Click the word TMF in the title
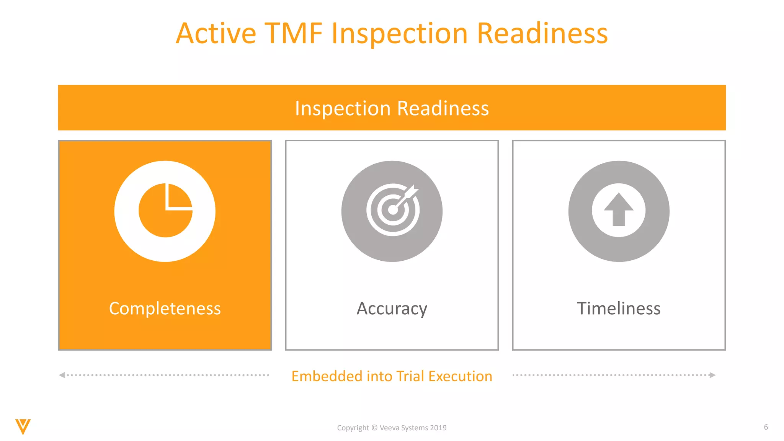(x=294, y=34)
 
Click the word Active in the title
(x=216, y=34)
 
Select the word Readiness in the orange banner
(x=443, y=108)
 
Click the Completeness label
(x=165, y=309)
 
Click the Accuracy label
(x=392, y=309)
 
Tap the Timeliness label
(x=619, y=309)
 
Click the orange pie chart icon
(x=165, y=211)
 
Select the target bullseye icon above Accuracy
(x=392, y=210)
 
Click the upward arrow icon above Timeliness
(x=619, y=210)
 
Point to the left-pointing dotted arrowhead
(x=62, y=375)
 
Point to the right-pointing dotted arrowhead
(x=712, y=375)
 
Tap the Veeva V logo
(x=23, y=426)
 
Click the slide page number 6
(x=766, y=427)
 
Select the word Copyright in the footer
(x=353, y=428)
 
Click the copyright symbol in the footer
(x=374, y=428)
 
